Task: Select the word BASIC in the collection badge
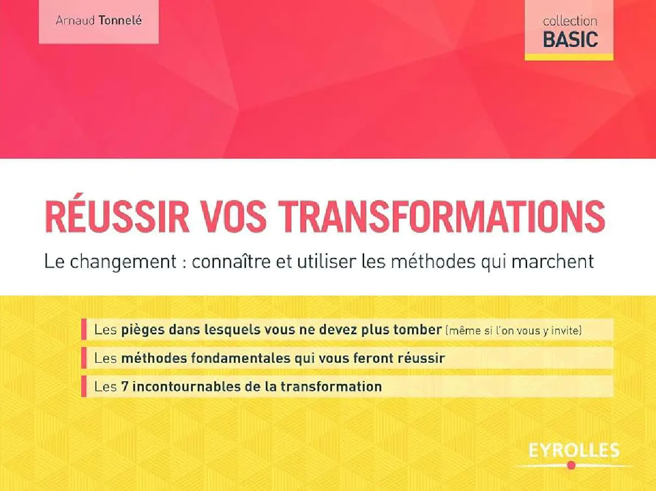click(570, 39)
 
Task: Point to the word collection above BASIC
click(570, 21)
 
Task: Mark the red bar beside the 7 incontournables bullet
click(84, 386)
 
